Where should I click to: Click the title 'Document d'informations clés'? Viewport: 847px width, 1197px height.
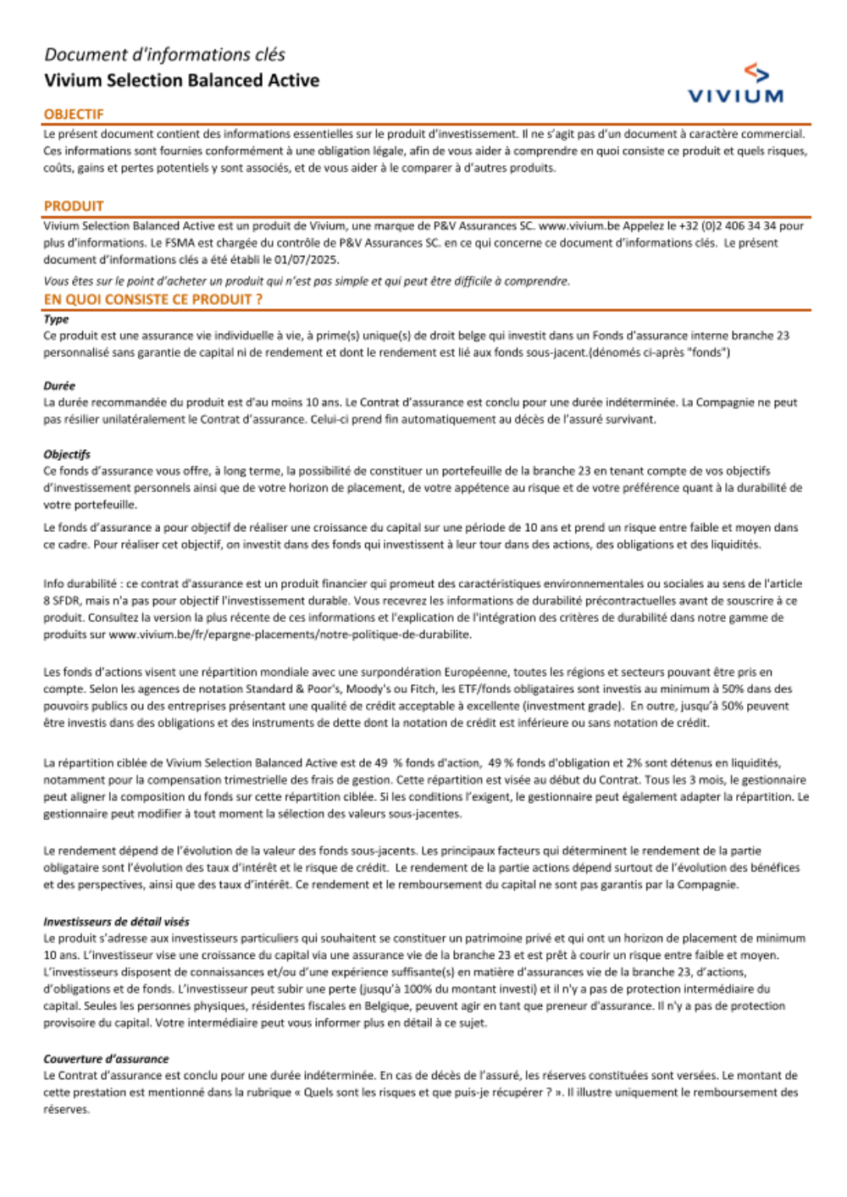coord(164,55)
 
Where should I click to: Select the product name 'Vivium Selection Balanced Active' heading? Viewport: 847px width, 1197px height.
coord(181,80)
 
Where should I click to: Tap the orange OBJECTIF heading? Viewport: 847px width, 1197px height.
coord(74,114)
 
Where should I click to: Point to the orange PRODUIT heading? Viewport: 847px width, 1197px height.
coord(74,206)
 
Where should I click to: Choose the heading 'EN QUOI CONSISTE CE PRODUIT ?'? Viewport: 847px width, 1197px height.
coord(153,299)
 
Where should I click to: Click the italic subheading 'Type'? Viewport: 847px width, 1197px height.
coord(56,319)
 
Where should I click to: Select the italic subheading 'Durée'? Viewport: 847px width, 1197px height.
coord(59,385)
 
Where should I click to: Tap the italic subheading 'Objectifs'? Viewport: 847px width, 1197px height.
coord(67,454)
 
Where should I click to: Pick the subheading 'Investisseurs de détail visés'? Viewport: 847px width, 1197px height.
coord(116,922)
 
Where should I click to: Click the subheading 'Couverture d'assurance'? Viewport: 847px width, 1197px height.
coord(106,1059)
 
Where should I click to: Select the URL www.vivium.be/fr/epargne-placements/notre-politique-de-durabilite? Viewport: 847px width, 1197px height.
coord(290,635)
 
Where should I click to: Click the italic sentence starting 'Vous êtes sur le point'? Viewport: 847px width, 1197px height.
coord(307,281)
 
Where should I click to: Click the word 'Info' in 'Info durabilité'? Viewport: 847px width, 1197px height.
coord(54,584)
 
